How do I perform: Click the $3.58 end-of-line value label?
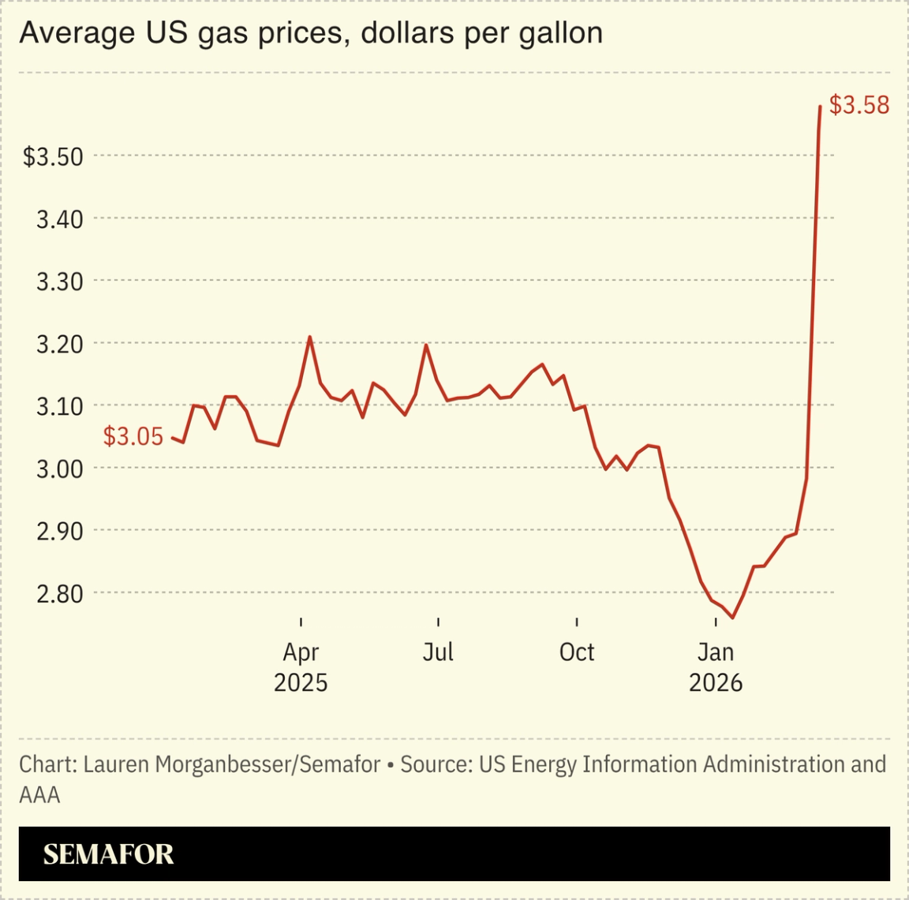tap(858, 105)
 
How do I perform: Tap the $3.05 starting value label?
tap(133, 436)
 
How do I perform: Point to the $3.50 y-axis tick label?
tap(53, 156)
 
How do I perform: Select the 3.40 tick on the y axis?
tap(60, 219)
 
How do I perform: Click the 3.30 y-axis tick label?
tap(60, 282)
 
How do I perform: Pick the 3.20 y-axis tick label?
tap(60, 344)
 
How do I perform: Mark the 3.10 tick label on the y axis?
tap(60, 406)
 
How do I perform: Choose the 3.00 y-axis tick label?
tap(60, 469)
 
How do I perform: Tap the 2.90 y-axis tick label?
tap(60, 531)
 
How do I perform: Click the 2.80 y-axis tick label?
tap(60, 593)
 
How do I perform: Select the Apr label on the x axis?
tap(301, 653)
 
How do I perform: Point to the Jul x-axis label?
tap(438, 652)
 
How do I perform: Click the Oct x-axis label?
tap(577, 652)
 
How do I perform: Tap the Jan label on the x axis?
tap(715, 652)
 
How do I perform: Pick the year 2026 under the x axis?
tap(715, 682)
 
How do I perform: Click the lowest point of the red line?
tap(732, 618)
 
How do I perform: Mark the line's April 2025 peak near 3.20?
tap(309, 337)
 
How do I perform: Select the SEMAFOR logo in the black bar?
tap(108, 854)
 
